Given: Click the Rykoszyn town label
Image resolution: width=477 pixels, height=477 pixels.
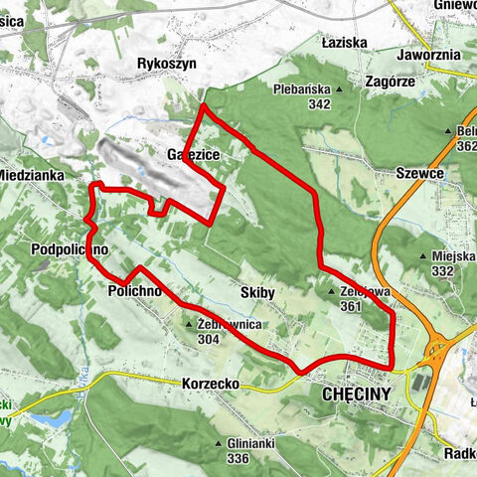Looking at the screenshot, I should pyautogui.click(x=166, y=63).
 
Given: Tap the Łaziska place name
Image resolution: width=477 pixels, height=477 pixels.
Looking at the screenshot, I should pyautogui.click(x=345, y=43).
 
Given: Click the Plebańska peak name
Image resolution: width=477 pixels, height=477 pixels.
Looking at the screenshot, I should pyautogui.click(x=301, y=89).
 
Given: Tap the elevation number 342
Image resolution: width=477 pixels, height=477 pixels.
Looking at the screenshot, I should pyautogui.click(x=319, y=103).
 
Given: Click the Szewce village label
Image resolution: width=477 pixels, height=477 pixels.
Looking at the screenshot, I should pyautogui.click(x=418, y=171).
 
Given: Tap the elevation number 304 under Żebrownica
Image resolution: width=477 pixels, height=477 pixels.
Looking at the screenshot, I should pyautogui.click(x=208, y=338).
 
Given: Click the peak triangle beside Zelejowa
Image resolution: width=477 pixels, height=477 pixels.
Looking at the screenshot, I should pyautogui.click(x=332, y=292).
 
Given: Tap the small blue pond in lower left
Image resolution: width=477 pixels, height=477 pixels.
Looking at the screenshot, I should pyautogui.click(x=55, y=417).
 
